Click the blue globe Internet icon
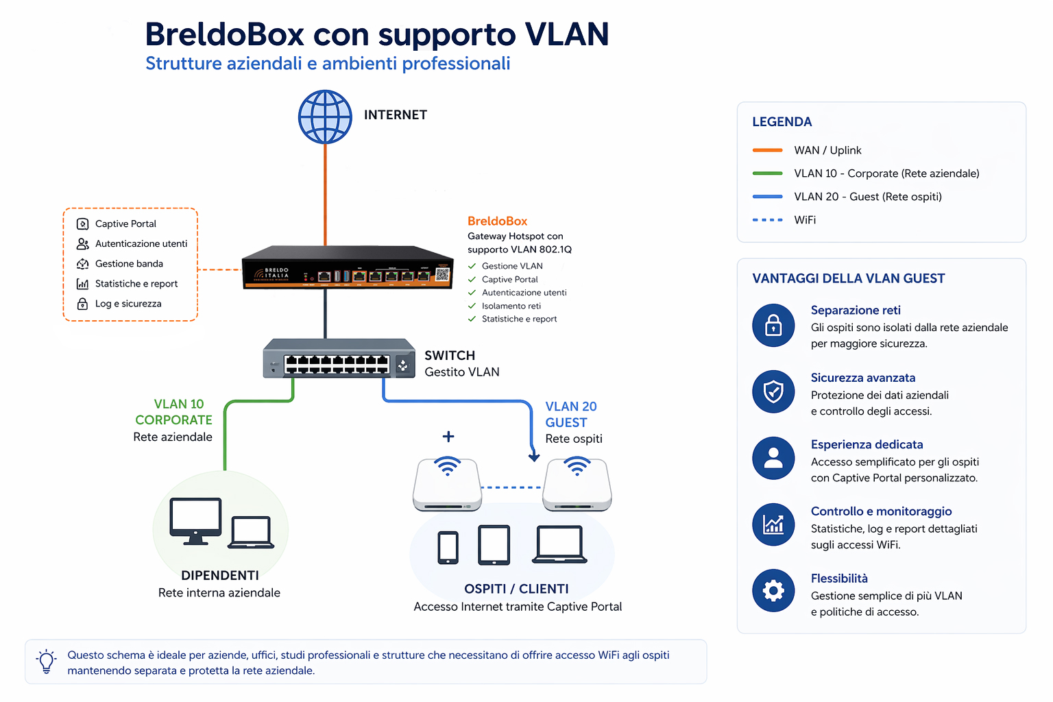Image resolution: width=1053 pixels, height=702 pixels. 325,117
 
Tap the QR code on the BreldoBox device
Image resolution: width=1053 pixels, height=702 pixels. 442,275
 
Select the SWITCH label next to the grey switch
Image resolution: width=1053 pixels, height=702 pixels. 450,356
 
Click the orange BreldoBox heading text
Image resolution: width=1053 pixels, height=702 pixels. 497,221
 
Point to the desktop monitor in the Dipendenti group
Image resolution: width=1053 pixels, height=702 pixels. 195,521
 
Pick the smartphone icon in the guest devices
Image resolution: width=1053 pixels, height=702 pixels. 448,547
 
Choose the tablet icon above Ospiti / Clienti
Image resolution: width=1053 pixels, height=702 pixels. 494,545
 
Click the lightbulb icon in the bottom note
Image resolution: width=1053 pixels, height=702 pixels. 47,662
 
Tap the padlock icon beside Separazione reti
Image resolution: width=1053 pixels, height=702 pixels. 773,326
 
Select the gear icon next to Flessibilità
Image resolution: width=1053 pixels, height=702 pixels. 773,590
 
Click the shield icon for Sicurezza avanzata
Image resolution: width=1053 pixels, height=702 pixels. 773,391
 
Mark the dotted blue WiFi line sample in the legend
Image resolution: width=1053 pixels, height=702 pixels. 767,219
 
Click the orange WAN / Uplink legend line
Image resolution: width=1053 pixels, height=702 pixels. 767,150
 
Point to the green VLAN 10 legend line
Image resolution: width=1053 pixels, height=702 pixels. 767,173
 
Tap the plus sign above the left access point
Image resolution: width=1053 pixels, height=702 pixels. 448,436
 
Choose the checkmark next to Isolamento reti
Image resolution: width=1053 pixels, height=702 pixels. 472,306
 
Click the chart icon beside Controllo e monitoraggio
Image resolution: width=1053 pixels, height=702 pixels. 773,524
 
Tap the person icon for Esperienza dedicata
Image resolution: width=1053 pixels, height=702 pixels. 773,459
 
